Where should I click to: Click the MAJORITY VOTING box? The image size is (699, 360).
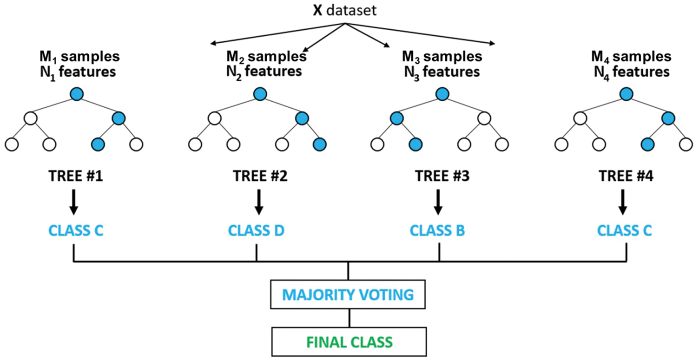[x=348, y=294]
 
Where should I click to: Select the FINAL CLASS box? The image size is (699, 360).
[x=348, y=341]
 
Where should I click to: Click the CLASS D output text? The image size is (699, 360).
[x=256, y=231]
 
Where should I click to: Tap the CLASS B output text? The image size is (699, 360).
[x=438, y=231]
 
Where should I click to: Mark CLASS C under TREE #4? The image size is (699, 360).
[x=625, y=231]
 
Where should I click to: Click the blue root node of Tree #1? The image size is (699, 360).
[x=77, y=95]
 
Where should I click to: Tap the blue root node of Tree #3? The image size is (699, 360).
[x=442, y=95]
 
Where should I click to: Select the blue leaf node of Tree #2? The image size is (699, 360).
[x=319, y=144]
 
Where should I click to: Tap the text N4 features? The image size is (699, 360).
[x=631, y=72]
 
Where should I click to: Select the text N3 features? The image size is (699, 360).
[x=441, y=72]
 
